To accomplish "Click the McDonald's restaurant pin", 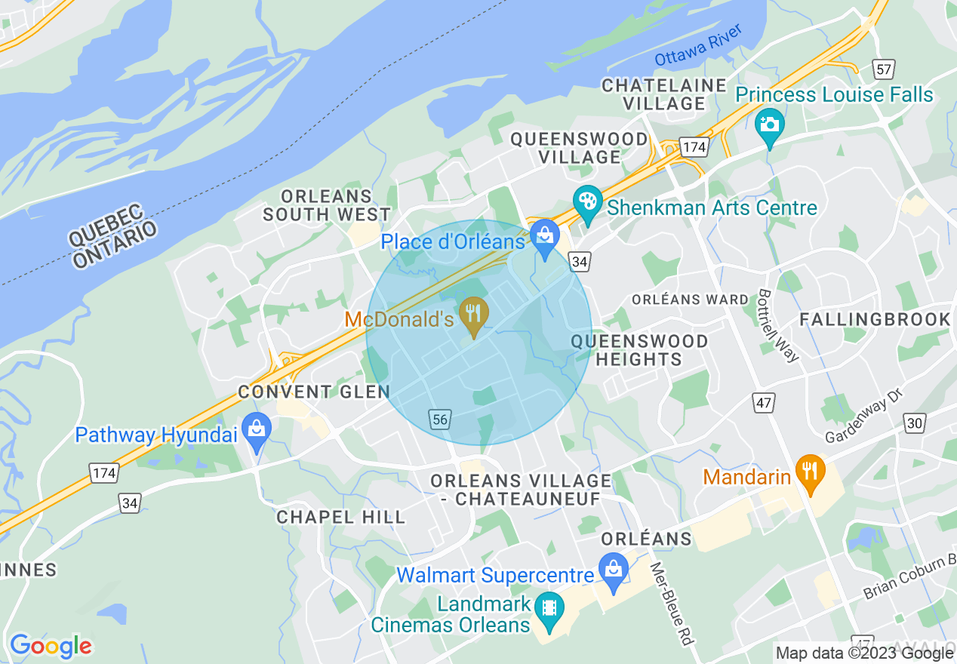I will point(474,315).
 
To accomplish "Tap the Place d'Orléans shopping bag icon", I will point(544,237).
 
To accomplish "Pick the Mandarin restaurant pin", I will point(810,472).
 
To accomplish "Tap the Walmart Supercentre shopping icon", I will point(614,570).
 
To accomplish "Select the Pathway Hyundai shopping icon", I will point(257,431).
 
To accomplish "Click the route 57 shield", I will point(883,69).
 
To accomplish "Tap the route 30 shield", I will point(915,423).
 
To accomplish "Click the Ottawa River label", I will point(698,45).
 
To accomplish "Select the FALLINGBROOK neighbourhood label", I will point(875,319).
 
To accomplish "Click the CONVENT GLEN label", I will point(314,392).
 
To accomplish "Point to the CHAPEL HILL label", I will point(340,517).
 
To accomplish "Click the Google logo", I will point(51,646).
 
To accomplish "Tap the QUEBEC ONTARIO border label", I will point(113,236).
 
